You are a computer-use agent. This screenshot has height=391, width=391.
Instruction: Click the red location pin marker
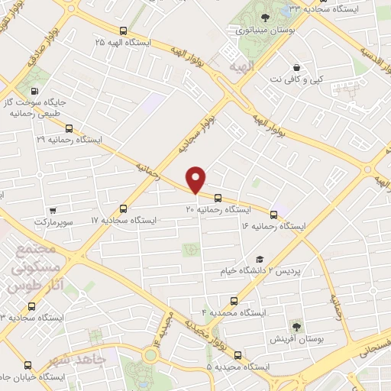point(197,179)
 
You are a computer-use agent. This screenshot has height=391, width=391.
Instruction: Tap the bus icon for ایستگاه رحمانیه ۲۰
point(218,196)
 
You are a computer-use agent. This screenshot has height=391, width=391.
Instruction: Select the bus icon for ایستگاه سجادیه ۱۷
point(124,208)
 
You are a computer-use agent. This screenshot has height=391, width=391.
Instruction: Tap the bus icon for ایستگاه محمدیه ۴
point(234,301)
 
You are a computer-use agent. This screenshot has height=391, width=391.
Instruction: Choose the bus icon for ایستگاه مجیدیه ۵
point(238,355)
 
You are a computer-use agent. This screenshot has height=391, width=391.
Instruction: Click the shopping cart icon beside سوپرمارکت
point(52,211)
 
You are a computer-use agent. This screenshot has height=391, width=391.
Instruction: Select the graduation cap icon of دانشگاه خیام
point(260,260)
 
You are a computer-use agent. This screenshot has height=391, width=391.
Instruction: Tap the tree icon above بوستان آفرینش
point(296,324)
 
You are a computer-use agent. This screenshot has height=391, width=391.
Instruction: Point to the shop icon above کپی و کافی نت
point(296,67)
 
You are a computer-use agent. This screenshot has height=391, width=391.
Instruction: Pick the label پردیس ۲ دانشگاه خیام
point(309,271)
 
